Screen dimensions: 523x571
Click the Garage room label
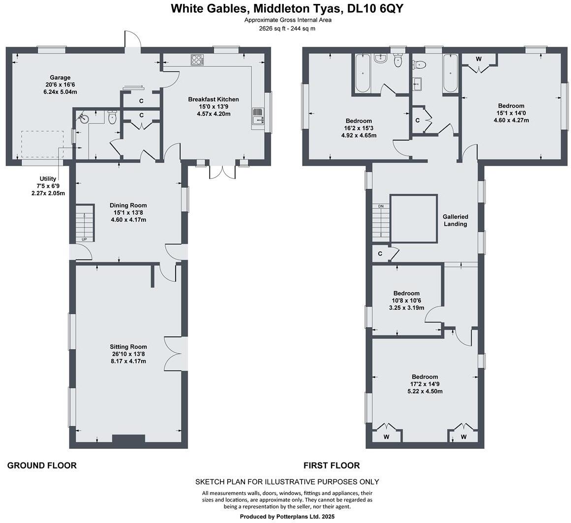click(60, 77)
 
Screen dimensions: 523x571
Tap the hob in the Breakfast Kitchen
click(197, 60)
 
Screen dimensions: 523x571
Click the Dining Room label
click(128, 205)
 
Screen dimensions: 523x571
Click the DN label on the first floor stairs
click(380, 206)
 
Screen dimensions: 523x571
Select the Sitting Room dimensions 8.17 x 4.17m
click(128, 361)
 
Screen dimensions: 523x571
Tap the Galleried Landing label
click(455, 220)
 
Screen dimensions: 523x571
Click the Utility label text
click(48, 179)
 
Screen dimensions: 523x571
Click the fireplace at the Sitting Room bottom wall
click(128, 438)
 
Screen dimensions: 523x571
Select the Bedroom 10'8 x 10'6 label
click(406, 293)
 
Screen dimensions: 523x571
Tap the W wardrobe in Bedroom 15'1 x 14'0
click(479, 59)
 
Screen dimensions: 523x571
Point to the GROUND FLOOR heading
click(42, 465)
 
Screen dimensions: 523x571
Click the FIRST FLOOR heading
click(331, 465)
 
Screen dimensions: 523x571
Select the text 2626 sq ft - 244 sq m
click(287, 29)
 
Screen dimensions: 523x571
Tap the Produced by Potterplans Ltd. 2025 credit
click(287, 517)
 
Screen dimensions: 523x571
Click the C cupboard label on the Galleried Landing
click(380, 254)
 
